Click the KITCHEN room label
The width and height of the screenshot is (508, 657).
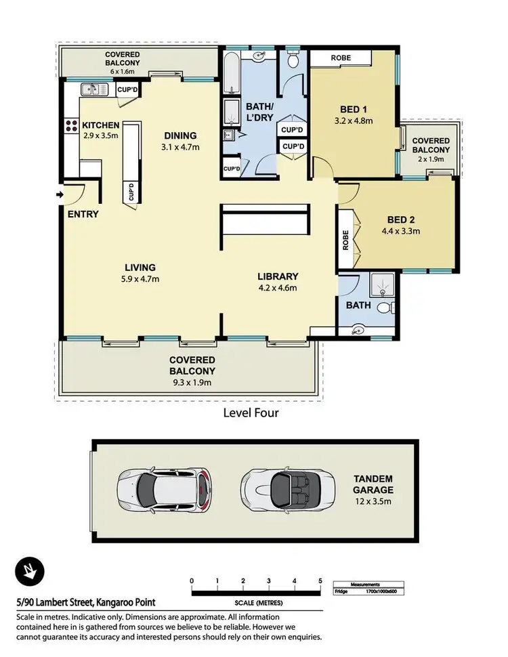point(101,125)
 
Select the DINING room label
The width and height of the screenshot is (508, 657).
point(179,135)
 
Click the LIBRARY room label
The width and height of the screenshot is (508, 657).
point(278,276)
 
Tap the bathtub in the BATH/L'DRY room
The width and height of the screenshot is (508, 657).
point(231,75)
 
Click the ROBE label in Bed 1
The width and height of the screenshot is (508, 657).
point(341,58)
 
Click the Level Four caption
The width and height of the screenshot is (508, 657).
point(251,412)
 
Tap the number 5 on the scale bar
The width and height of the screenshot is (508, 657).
point(320,581)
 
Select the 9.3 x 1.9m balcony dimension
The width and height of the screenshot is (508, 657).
point(192,382)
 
